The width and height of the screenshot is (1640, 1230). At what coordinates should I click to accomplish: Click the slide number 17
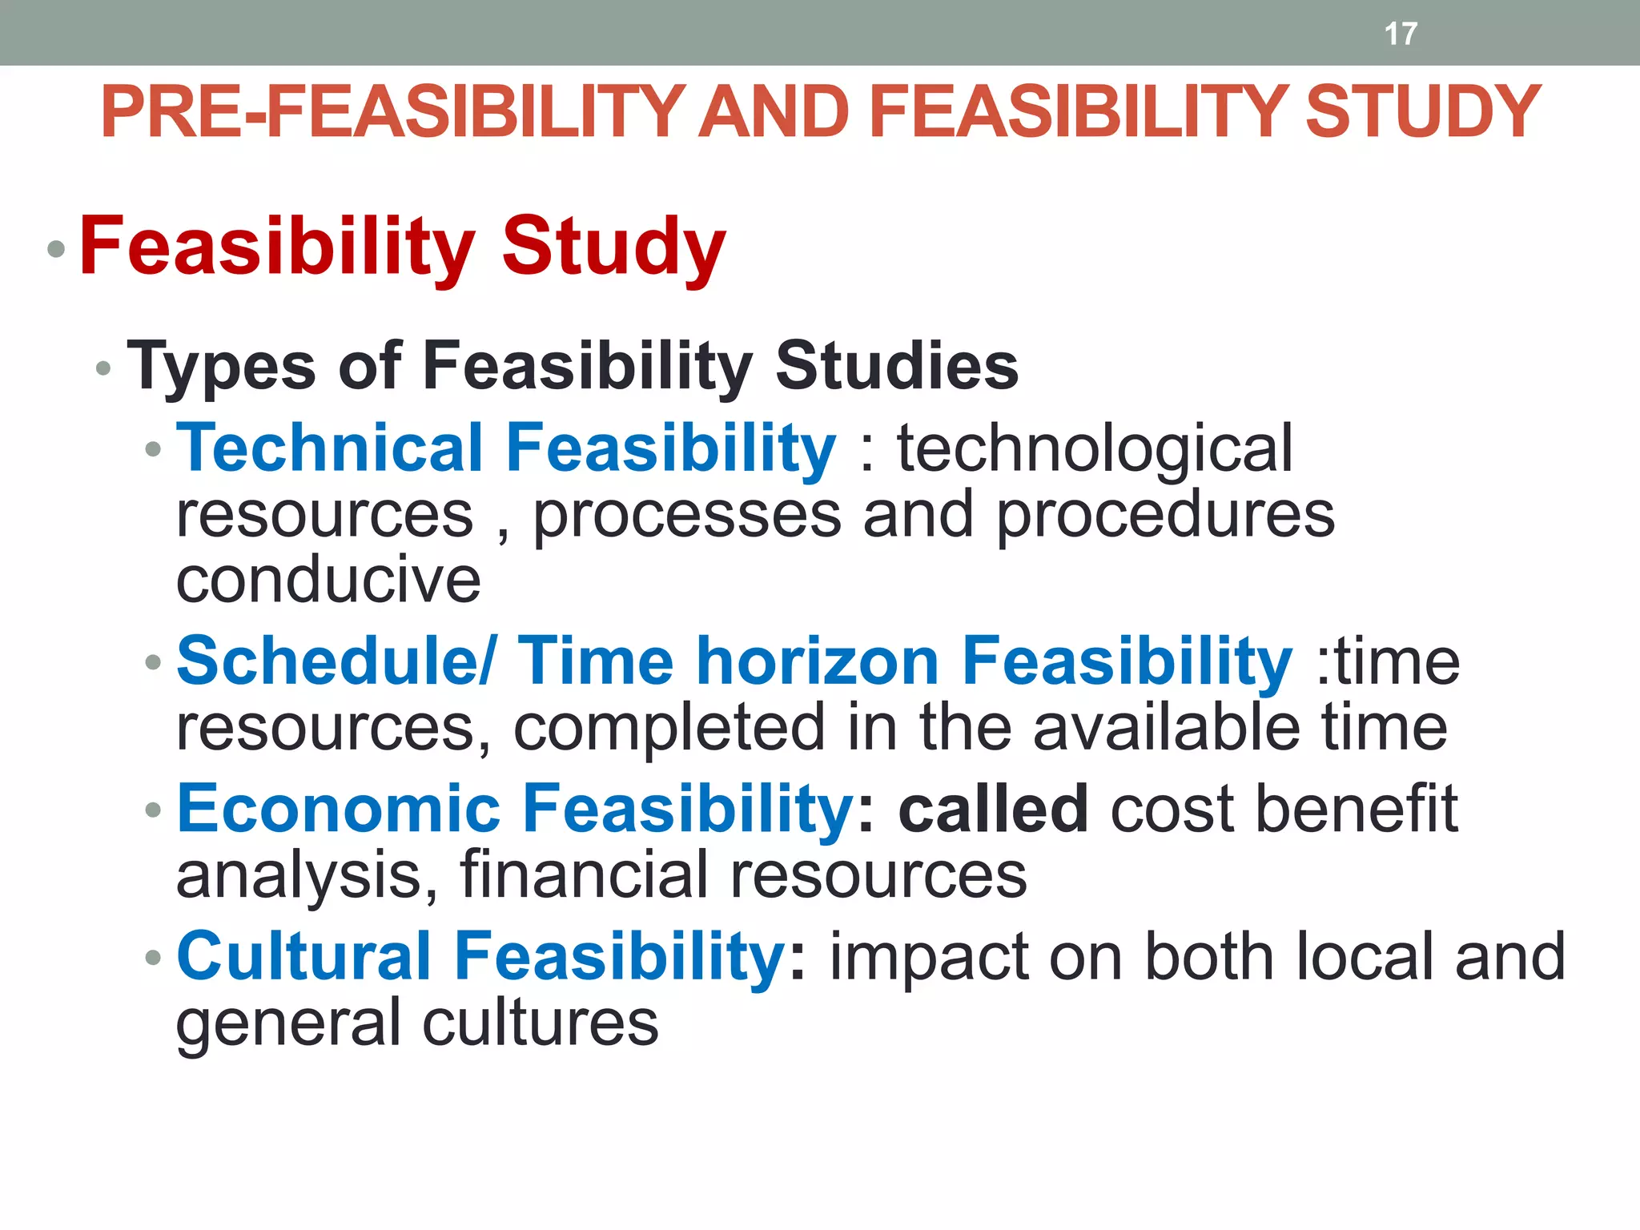click(x=1401, y=34)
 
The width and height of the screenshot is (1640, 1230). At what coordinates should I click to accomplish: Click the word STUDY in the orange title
click(x=1422, y=112)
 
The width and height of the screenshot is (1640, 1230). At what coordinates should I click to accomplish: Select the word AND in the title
click(x=774, y=112)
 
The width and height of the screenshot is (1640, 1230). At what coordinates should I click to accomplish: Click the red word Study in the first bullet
click(x=613, y=248)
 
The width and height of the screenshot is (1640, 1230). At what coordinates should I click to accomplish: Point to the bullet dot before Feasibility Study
click(x=55, y=249)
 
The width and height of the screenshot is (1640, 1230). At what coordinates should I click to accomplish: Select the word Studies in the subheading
click(x=897, y=365)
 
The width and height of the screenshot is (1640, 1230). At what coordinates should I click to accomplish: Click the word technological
click(x=1094, y=448)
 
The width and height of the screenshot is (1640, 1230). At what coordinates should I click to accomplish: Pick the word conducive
click(x=328, y=579)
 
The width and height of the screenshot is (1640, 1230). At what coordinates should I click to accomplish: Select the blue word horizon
click(x=818, y=661)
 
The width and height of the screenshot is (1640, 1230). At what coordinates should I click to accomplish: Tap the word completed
click(x=669, y=727)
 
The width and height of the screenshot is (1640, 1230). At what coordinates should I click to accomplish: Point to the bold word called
click(x=993, y=809)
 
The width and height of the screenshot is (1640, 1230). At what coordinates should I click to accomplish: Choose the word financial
click(x=583, y=874)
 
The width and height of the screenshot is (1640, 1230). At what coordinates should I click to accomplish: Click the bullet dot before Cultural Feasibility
click(x=153, y=958)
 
